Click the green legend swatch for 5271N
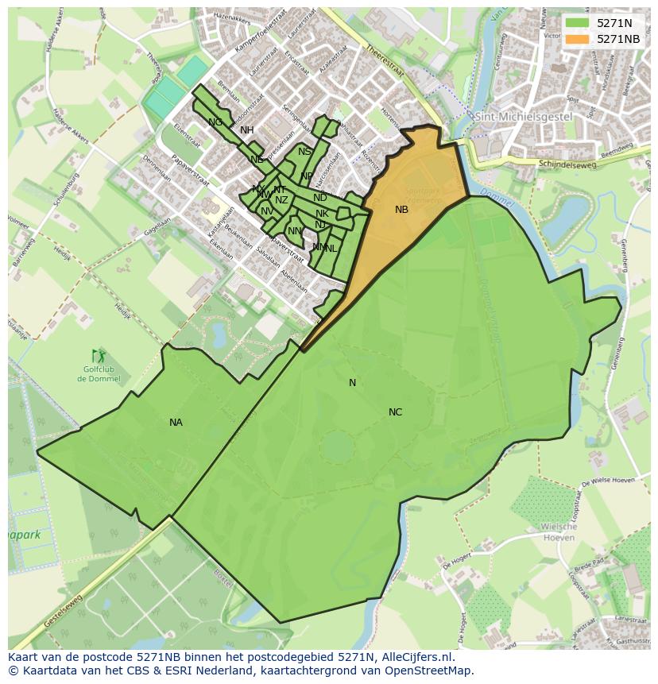(x=578, y=23)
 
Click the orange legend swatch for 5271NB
(x=578, y=39)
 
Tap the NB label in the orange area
(x=401, y=210)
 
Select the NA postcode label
(x=176, y=423)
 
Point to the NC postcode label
(x=395, y=412)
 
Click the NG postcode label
(x=215, y=122)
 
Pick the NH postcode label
(x=247, y=130)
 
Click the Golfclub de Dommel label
(x=99, y=374)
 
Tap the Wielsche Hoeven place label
(x=558, y=532)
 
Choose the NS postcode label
(x=304, y=152)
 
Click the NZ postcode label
(x=281, y=200)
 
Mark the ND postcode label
(x=320, y=198)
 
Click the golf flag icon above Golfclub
(x=99, y=355)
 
